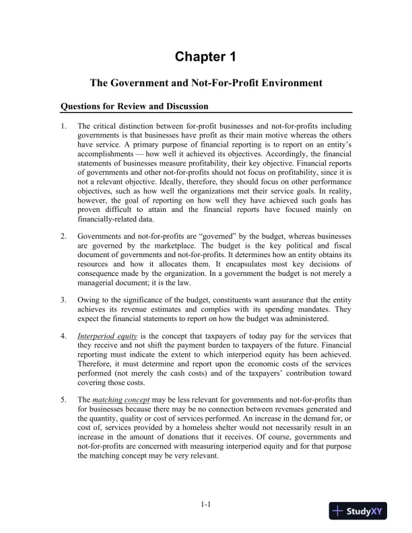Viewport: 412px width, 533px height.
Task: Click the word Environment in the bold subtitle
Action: click(286, 83)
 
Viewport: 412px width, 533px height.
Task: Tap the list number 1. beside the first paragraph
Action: click(63, 126)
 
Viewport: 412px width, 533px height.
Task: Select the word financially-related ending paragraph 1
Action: click(108, 219)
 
